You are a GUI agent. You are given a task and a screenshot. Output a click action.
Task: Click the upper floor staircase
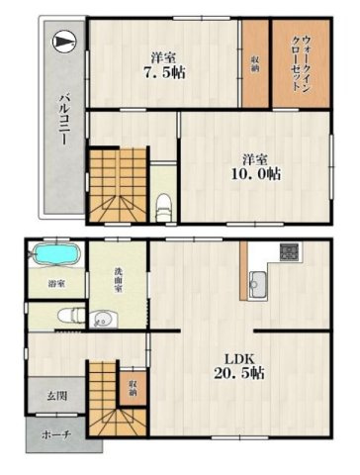pos(118,183)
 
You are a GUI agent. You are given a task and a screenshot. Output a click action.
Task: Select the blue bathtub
pos(54,255)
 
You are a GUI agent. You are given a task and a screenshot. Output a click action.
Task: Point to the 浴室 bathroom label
pos(55,285)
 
